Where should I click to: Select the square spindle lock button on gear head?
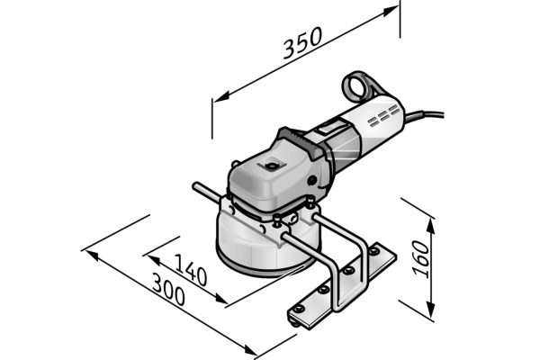(x=267, y=166)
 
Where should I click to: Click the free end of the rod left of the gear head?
(x=196, y=188)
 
